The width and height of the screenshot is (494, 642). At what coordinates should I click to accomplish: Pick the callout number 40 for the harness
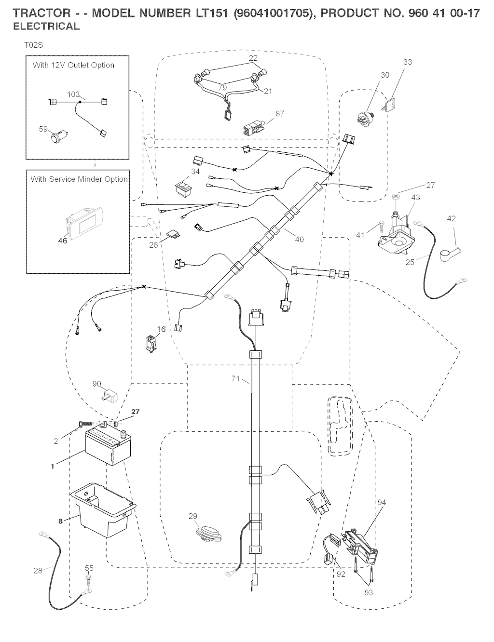click(299, 240)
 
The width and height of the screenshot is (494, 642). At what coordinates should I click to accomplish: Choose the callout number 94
click(382, 502)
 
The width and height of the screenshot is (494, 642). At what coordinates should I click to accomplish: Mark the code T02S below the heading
click(34, 45)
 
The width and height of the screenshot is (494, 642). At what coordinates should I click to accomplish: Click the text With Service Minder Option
click(79, 179)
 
